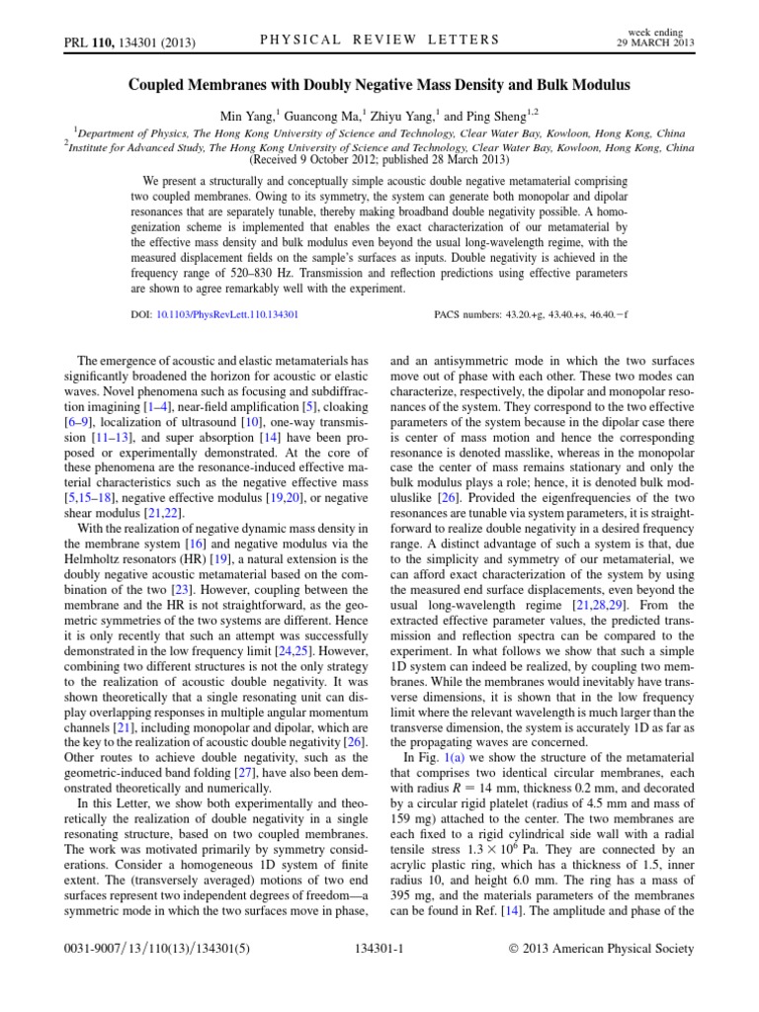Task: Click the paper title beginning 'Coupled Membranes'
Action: tap(379, 86)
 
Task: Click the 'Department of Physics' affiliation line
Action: tap(379, 128)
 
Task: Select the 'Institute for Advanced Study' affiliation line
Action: tap(379, 144)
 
